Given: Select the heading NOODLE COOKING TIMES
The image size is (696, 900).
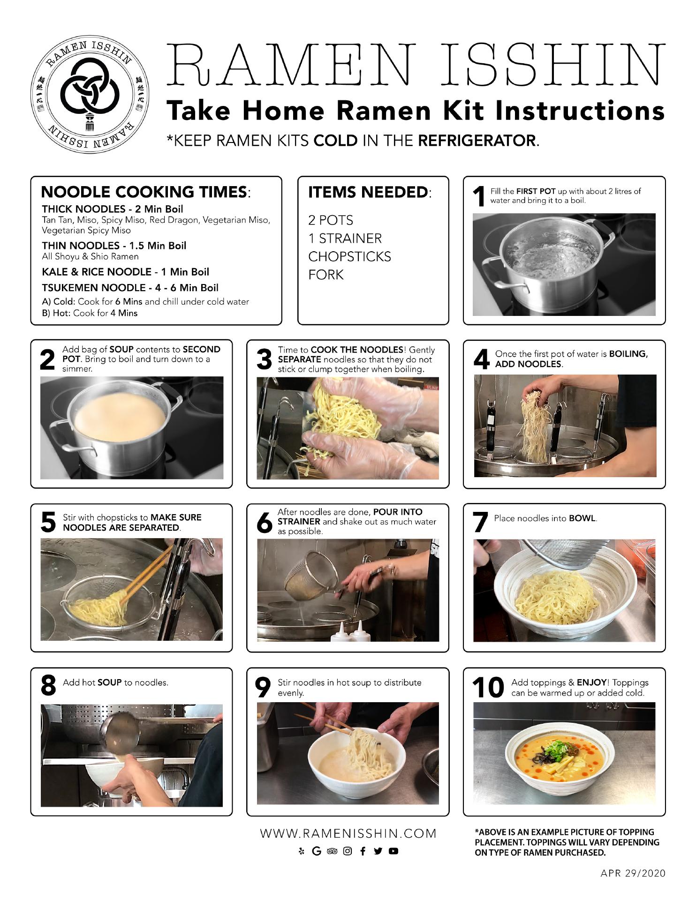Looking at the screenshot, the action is click(x=144, y=192).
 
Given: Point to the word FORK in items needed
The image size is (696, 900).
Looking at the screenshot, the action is click(x=326, y=275).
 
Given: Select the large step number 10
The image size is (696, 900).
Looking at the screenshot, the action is click(x=488, y=688).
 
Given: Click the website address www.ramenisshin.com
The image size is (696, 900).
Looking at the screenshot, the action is click(x=348, y=833).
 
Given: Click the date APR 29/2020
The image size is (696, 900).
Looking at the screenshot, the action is click(x=633, y=873).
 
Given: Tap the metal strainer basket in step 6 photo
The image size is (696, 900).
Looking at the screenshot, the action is click(x=305, y=576).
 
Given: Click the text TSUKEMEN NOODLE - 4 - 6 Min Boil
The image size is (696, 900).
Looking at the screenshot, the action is click(x=130, y=287).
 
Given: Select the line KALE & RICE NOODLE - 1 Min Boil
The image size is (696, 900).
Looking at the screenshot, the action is click(x=125, y=272).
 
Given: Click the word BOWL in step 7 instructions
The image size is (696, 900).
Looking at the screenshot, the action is click(x=582, y=518).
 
